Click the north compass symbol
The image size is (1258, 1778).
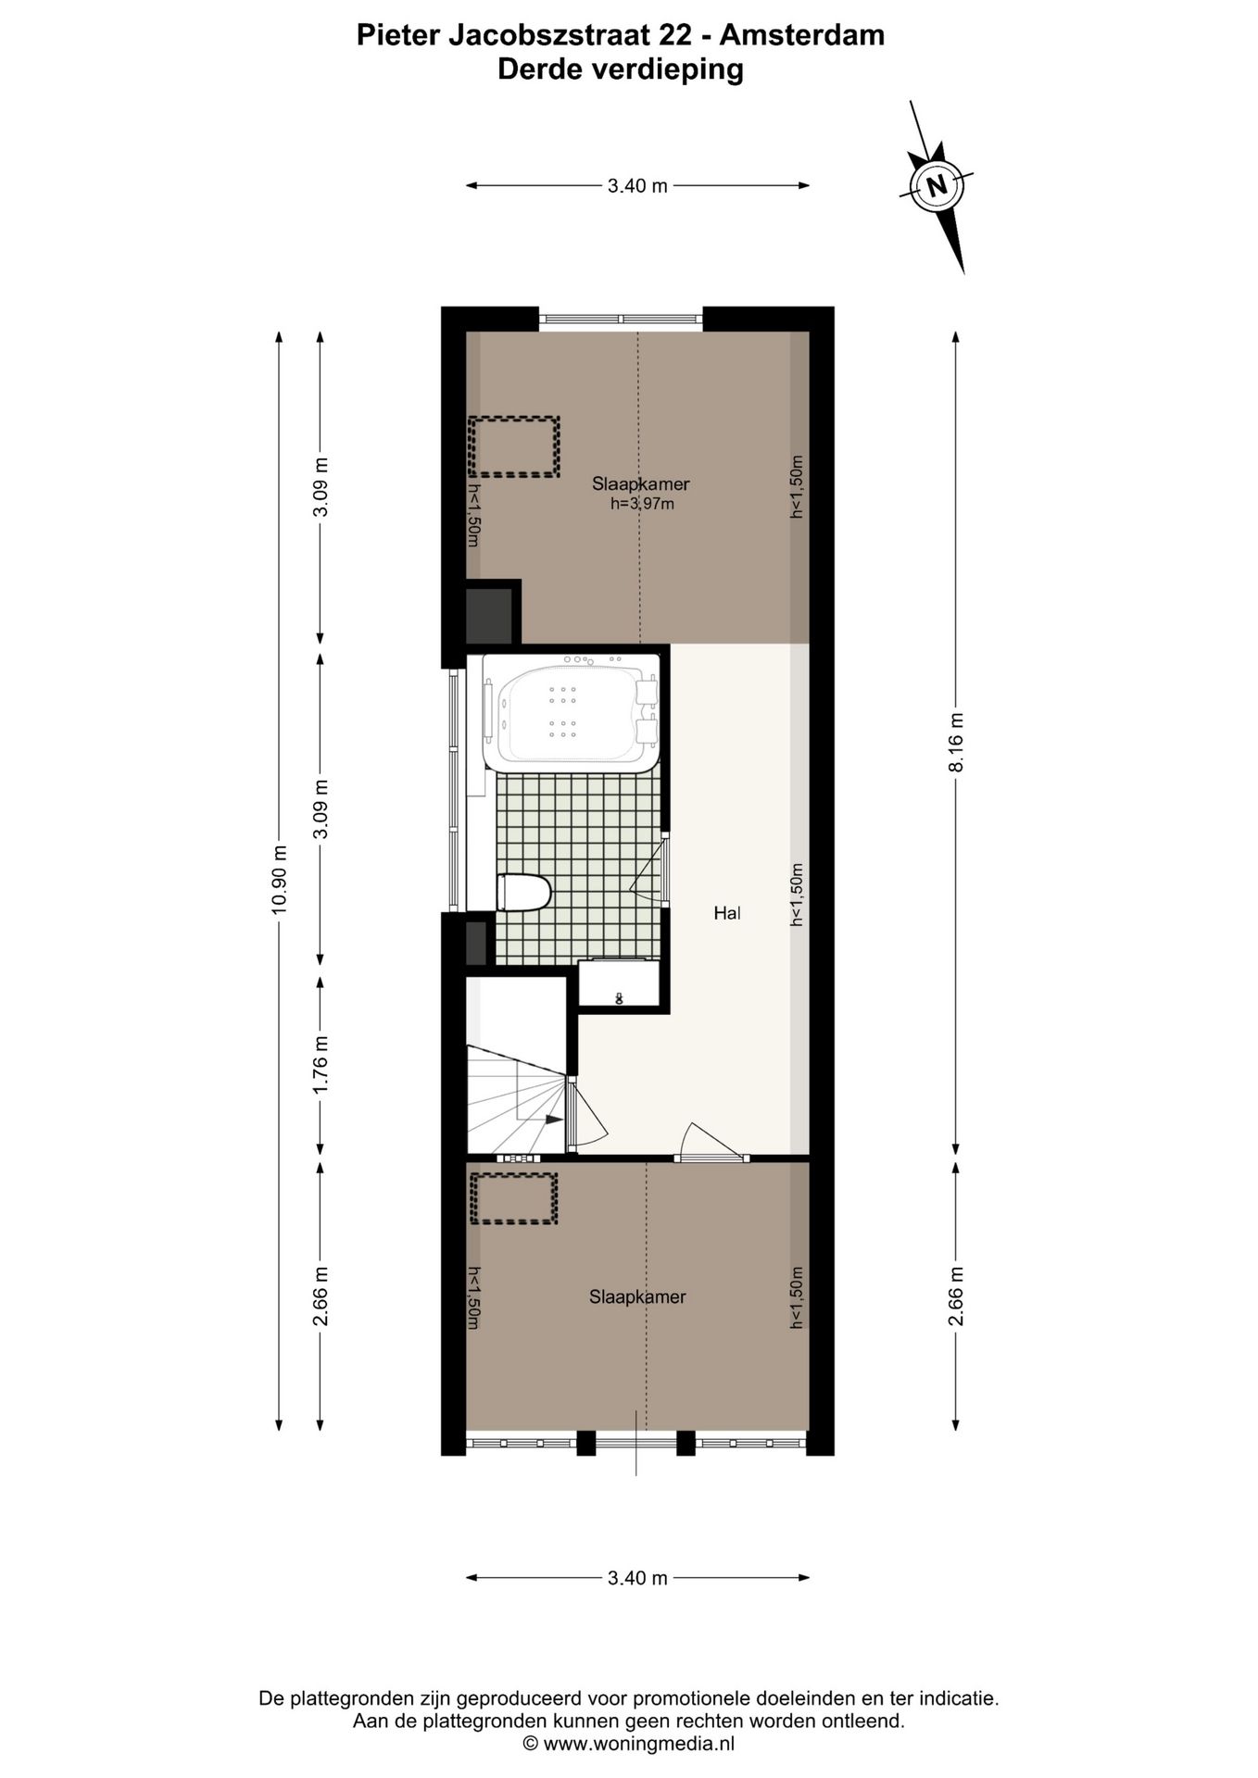pyautogui.click(x=937, y=185)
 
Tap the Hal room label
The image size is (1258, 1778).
pyautogui.click(x=727, y=913)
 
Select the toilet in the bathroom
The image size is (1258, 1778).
pyautogui.click(x=523, y=894)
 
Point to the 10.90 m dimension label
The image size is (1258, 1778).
pyautogui.click(x=279, y=880)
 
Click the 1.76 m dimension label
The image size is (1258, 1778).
pyautogui.click(x=321, y=1064)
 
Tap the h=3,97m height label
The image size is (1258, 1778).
pyautogui.click(x=641, y=505)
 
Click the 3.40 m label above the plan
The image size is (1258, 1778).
pyautogui.click(x=637, y=186)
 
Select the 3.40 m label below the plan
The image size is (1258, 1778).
pyautogui.click(x=637, y=1578)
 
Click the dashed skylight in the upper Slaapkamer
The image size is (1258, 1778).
pyautogui.click(x=514, y=446)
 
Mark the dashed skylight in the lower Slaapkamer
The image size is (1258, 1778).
pyautogui.click(x=513, y=1198)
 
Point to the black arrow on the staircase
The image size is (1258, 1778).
pyautogui.click(x=553, y=1120)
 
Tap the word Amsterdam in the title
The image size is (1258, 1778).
pyautogui.click(x=801, y=35)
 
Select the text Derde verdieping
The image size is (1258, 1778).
pyautogui.click(x=621, y=69)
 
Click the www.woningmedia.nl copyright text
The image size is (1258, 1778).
pyautogui.click(x=629, y=1744)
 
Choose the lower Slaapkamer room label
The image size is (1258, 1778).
pyautogui.click(x=637, y=1297)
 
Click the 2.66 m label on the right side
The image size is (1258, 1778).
pyautogui.click(x=956, y=1296)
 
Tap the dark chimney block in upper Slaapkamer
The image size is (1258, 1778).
pyautogui.click(x=489, y=613)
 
